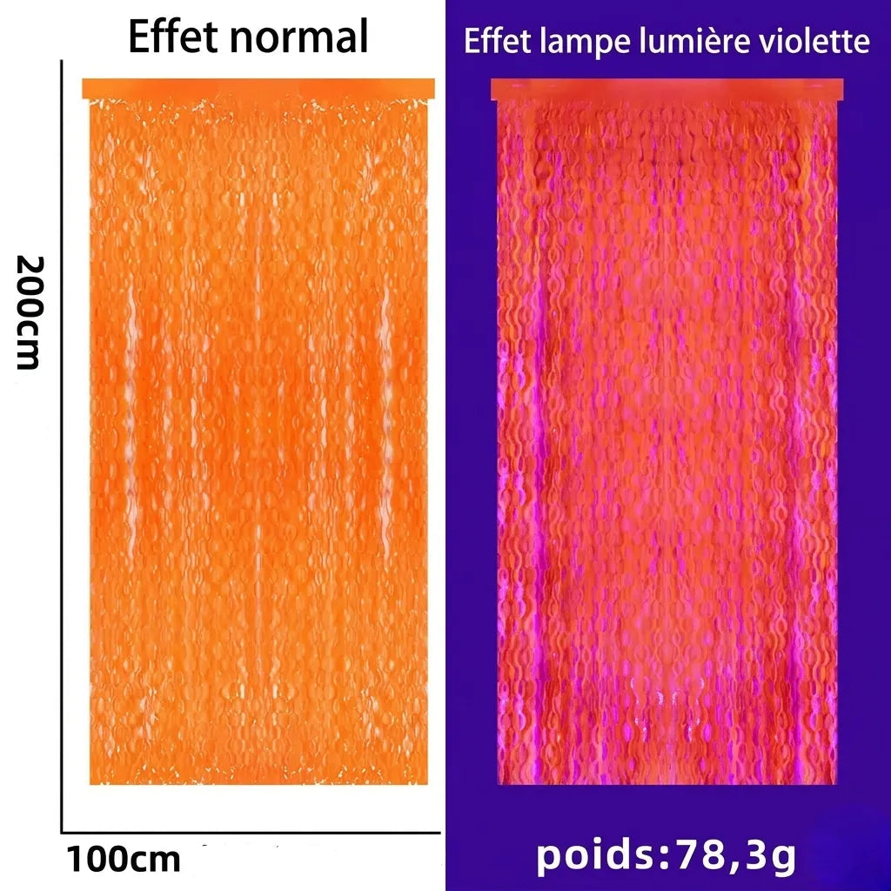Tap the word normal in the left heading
click(x=299, y=37)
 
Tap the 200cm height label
click(x=30, y=312)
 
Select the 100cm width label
click(x=124, y=859)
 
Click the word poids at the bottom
click(x=595, y=855)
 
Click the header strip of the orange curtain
click(x=258, y=89)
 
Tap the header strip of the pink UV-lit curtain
click(x=667, y=90)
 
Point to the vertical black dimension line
click(x=62, y=446)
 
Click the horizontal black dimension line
click(x=251, y=833)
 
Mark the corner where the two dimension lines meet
click(x=62, y=833)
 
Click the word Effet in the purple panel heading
click(x=498, y=41)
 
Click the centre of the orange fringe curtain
click(x=258, y=441)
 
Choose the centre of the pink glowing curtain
click(x=667, y=442)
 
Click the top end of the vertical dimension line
click(x=62, y=61)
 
